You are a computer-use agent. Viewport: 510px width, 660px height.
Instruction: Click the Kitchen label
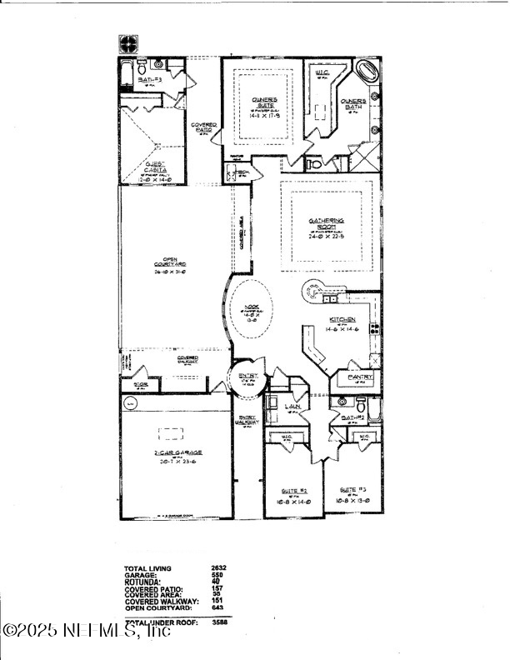343,320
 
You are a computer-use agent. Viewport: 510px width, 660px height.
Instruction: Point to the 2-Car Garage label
177,452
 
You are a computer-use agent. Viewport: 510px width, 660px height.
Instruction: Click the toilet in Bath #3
142,67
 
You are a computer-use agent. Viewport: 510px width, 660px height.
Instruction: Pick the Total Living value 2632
219,567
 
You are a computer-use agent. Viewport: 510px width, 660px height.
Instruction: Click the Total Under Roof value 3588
219,622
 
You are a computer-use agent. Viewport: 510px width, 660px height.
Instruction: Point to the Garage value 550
217,575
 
